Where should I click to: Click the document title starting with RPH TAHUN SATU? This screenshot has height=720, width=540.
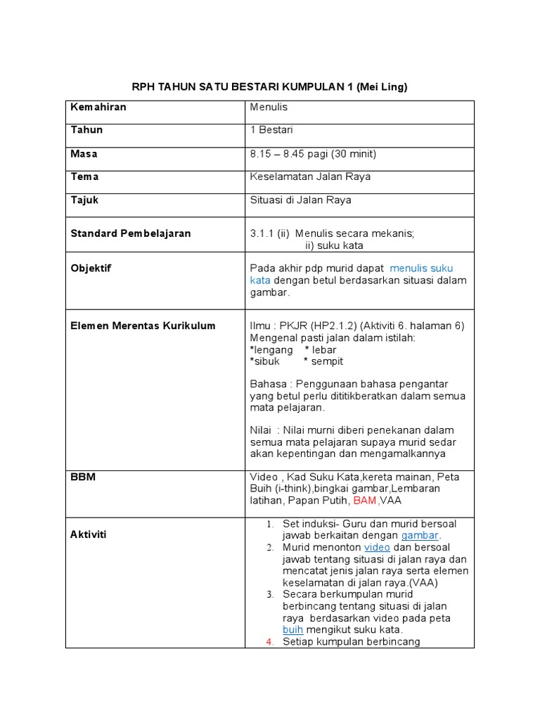click(x=270, y=86)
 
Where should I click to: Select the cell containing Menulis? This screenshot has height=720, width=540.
click(x=269, y=107)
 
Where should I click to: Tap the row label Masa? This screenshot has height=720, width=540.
click(x=84, y=153)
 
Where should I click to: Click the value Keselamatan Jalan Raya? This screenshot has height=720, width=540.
click(x=310, y=176)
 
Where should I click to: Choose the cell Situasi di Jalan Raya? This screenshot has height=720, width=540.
click(x=300, y=200)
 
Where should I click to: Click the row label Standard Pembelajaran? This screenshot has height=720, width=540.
click(x=130, y=233)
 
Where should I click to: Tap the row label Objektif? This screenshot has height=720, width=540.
click(x=91, y=269)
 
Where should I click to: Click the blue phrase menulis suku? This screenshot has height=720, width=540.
click(x=421, y=268)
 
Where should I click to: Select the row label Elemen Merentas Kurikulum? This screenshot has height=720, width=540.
click(x=143, y=326)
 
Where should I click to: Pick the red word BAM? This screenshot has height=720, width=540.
click(x=365, y=500)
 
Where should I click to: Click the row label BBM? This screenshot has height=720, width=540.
click(x=83, y=477)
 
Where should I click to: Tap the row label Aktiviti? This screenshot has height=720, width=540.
click(x=88, y=534)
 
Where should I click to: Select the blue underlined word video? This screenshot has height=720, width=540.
click(x=376, y=547)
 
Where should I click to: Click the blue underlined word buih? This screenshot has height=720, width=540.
click(x=292, y=630)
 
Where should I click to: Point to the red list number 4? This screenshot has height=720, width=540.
click(x=270, y=642)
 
